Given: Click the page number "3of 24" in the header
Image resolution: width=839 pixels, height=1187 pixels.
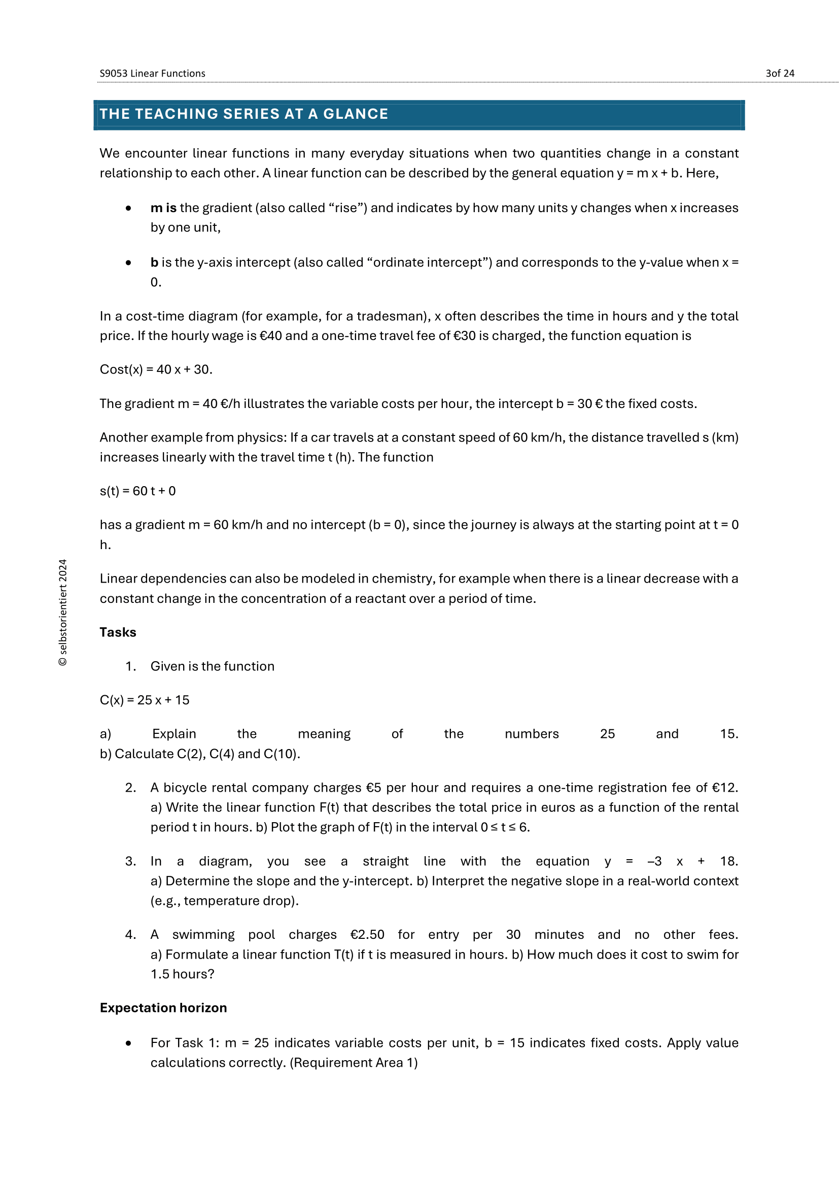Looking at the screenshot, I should [x=780, y=74].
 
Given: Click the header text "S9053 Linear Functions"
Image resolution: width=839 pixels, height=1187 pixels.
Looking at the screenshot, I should [x=152, y=74].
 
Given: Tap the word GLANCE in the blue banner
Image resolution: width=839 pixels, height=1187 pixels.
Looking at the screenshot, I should [x=356, y=114].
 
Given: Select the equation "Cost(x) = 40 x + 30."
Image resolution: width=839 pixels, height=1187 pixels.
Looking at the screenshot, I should [x=156, y=369].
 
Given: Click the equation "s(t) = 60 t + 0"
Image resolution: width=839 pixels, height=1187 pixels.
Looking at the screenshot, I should [x=137, y=491].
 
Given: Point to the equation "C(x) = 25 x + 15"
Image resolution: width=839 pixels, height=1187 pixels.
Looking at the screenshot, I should [x=145, y=700].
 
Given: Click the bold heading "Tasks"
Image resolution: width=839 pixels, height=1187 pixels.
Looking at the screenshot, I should [x=118, y=632].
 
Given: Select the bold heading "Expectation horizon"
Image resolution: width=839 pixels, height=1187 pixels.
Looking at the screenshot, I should [x=163, y=1008].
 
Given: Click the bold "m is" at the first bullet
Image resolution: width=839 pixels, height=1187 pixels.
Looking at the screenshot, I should [x=163, y=208].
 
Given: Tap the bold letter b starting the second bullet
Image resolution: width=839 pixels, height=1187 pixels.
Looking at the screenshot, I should [x=154, y=263].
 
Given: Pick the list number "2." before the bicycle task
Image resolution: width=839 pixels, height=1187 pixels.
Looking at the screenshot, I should [x=131, y=788].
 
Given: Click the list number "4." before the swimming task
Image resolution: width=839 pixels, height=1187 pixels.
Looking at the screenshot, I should [x=131, y=935].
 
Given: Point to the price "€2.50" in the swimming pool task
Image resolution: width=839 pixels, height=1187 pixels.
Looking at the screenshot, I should [x=367, y=935].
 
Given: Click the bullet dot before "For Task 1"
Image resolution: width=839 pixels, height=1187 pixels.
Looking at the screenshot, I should [x=128, y=1043].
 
